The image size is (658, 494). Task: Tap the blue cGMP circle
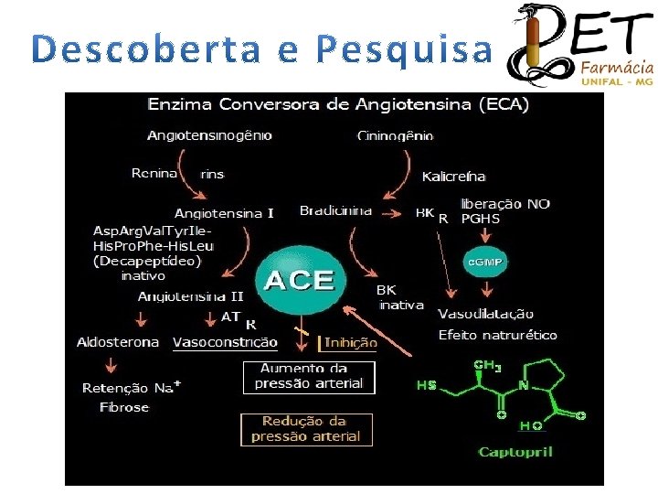pos(485,262)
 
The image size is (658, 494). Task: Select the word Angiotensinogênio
pos(209,135)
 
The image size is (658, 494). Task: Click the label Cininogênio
pos(394,136)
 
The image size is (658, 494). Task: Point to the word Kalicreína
pos(454,176)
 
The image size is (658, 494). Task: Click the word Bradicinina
pos(336,210)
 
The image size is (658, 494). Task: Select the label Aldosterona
pos(118,342)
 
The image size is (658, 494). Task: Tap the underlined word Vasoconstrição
pos(225,342)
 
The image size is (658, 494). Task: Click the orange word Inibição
pos(351,342)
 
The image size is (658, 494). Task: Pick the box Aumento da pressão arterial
pos(309,376)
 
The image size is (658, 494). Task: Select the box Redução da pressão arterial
pos(306,429)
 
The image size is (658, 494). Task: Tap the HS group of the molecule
pos(427,385)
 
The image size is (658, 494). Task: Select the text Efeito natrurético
pos(497,335)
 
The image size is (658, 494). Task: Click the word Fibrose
pos(124,407)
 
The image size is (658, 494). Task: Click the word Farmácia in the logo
pos(617,68)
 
